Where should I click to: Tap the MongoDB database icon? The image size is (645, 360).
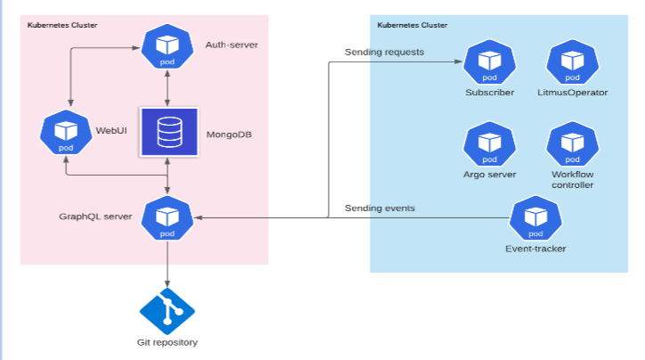coord(167,132)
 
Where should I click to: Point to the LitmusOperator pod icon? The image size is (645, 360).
coord(572,63)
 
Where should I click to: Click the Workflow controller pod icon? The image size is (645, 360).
coord(572,144)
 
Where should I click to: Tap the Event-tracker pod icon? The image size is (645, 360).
coord(535,218)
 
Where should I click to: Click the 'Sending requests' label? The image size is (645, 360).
coord(384,52)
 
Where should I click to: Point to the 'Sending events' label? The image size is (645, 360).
coord(380,209)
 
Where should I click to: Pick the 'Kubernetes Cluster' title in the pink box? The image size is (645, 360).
coord(63,25)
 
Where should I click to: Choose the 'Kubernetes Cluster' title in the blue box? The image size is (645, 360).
coord(412,25)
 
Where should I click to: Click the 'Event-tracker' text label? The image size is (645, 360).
coord(535,249)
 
